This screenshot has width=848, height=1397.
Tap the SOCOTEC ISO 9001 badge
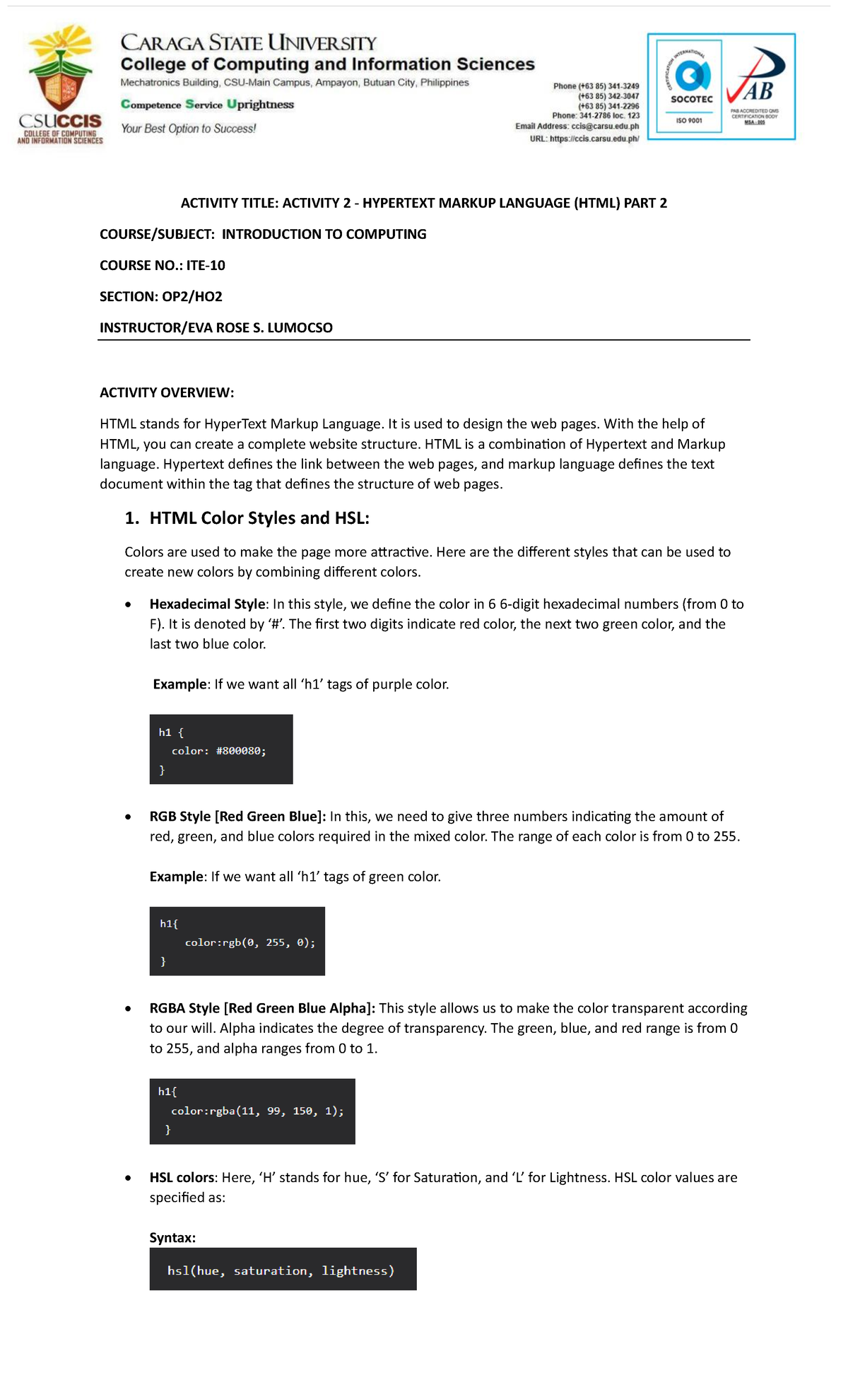689,86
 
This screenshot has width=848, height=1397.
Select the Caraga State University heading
248,43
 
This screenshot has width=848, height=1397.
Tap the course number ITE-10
206,266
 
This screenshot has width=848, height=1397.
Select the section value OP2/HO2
192,297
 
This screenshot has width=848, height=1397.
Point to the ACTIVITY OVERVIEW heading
167,393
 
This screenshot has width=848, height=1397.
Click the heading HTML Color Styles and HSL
259,518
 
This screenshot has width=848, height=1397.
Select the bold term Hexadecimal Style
207,604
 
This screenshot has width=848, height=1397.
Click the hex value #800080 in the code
240,751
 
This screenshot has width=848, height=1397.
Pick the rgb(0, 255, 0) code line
249,942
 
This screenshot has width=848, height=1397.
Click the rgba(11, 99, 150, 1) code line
257,1111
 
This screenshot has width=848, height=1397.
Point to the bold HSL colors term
182,1178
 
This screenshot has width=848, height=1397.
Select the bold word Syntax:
172,1238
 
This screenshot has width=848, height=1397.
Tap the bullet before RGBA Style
128,1009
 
